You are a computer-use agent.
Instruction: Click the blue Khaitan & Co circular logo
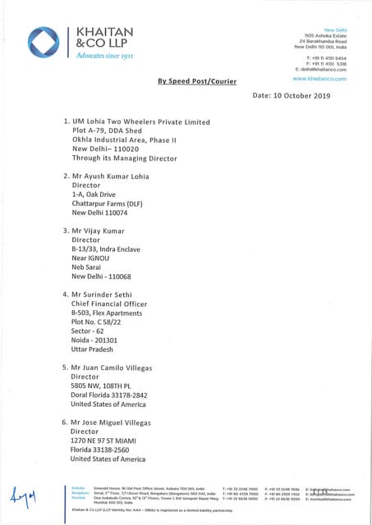44,43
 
